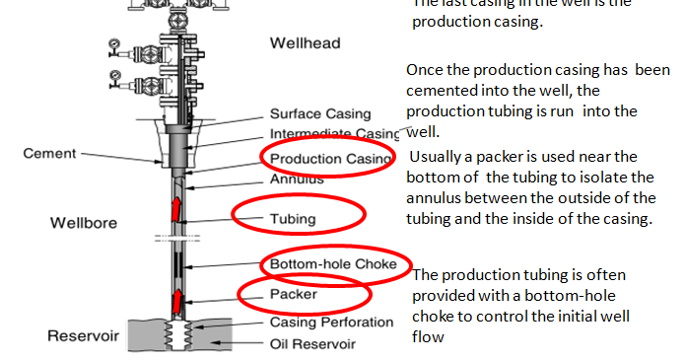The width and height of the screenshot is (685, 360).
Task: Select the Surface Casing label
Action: [320, 114]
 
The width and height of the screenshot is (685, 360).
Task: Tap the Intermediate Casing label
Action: [334, 134]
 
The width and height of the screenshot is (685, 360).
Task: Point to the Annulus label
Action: [297, 180]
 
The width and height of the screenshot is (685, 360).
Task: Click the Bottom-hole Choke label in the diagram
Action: [333, 264]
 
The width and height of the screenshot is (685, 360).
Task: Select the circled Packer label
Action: [293, 294]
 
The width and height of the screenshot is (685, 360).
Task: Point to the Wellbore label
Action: [83, 223]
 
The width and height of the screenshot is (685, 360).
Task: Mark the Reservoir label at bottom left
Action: [83, 336]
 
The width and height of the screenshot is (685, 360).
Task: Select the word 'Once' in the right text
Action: [425, 71]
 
